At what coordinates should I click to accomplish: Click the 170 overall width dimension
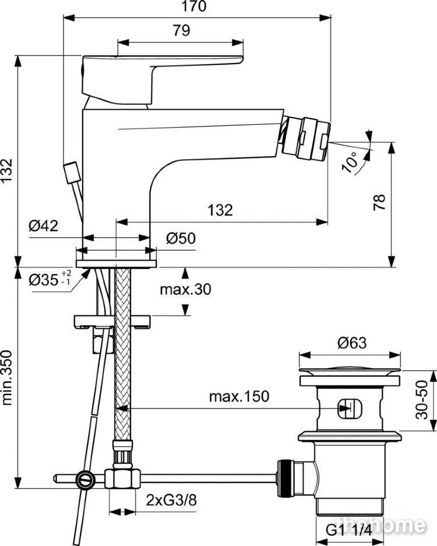pos(194,6)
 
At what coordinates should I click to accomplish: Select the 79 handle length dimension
pos(181,31)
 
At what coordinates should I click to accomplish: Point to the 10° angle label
pos(350,162)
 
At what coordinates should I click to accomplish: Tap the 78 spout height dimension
pos(379,202)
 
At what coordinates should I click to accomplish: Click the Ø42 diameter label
pos(44,226)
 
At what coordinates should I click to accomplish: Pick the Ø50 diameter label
pos(181,238)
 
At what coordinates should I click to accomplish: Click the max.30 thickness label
pos(185,289)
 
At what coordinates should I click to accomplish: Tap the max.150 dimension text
pos(239,396)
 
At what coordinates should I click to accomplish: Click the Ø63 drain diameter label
pos(352,343)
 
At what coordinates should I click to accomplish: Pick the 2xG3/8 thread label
pos(171,501)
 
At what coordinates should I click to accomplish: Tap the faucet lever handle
pos(161,79)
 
